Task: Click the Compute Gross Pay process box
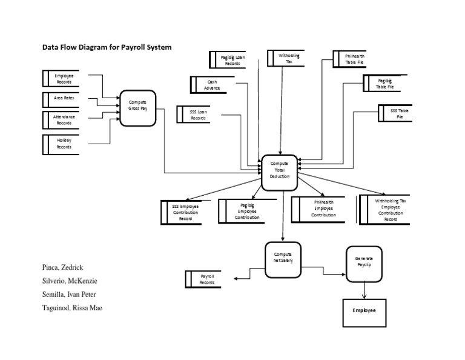coord(138,108)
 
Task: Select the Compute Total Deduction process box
coord(280,172)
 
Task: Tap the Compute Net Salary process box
coord(283,258)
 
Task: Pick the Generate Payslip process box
coord(364,262)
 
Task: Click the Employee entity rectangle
coord(364,310)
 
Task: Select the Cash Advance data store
coord(211,85)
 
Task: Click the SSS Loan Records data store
coord(197,115)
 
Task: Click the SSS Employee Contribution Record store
coord(184,212)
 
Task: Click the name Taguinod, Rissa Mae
coord(72,308)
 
